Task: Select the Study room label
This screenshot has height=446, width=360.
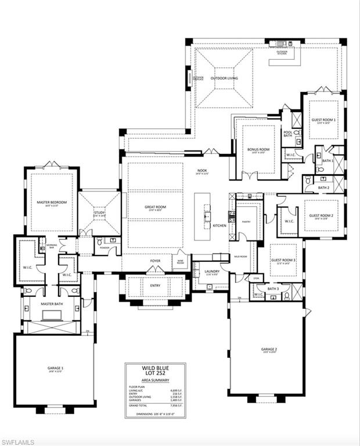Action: click(x=99, y=213)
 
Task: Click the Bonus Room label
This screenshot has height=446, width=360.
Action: click(x=258, y=150)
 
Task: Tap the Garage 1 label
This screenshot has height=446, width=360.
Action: click(x=55, y=368)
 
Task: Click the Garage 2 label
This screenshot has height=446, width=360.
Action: click(x=268, y=350)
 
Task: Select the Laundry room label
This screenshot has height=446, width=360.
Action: click(x=211, y=269)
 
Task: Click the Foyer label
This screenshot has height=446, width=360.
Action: click(x=156, y=261)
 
